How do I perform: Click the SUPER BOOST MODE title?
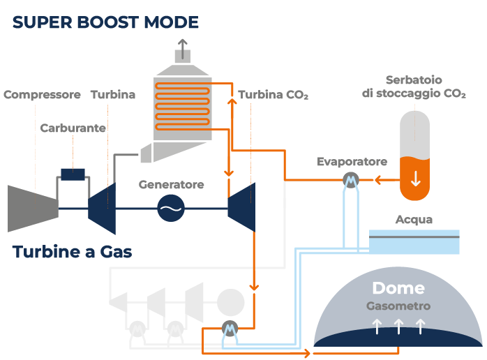pyautogui.click(x=105, y=22)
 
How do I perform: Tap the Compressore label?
pyautogui.click(x=42, y=95)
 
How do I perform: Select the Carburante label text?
pyautogui.click(x=73, y=128)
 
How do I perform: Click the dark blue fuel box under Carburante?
pyautogui.click(x=73, y=174)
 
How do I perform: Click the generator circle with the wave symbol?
pyautogui.click(x=170, y=207)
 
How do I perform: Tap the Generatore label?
pyautogui.click(x=171, y=185)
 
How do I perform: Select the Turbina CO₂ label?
pyautogui.click(x=273, y=95)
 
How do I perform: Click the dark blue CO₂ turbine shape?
pyautogui.click(x=243, y=207)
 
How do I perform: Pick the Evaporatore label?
pyautogui.click(x=352, y=162)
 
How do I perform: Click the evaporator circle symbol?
pyautogui.click(x=351, y=181)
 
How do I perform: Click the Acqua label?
pyautogui.click(x=414, y=220)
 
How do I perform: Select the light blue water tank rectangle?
pyautogui.click(x=414, y=241)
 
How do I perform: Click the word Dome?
pyautogui.click(x=398, y=288)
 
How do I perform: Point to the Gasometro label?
pyautogui.click(x=398, y=306)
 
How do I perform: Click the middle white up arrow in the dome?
pyautogui.click(x=398, y=325)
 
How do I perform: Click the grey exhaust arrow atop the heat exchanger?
pyautogui.click(x=183, y=47)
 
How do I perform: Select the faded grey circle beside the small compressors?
pyautogui.click(x=230, y=301)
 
